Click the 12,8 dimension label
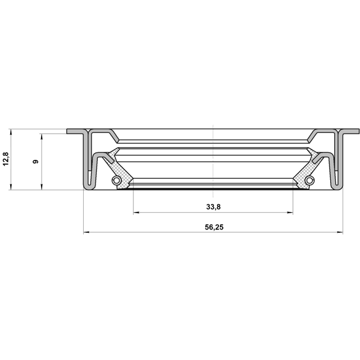(x=6, y=159)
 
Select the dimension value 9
(x=36, y=161)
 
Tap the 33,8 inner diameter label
(x=213, y=207)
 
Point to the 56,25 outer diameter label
(x=214, y=227)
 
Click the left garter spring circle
(x=116, y=180)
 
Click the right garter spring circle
(x=310, y=180)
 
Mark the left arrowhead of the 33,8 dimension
(x=136, y=213)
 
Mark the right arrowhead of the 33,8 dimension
(x=290, y=213)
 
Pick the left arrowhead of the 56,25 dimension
(x=86, y=232)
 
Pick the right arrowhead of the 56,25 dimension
(x=340, y=232)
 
